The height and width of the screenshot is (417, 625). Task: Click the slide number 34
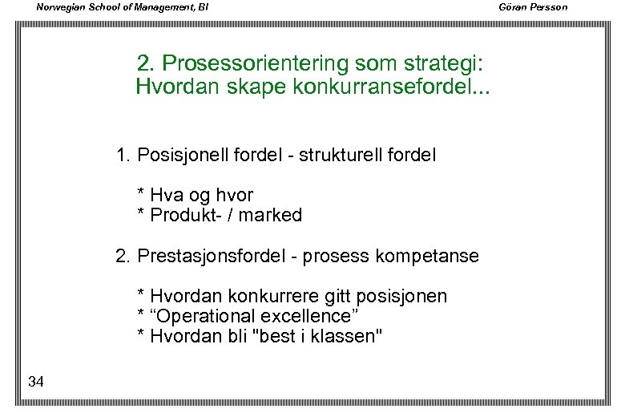[x=35, y=382]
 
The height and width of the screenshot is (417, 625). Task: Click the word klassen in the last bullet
[x=347, y=336]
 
